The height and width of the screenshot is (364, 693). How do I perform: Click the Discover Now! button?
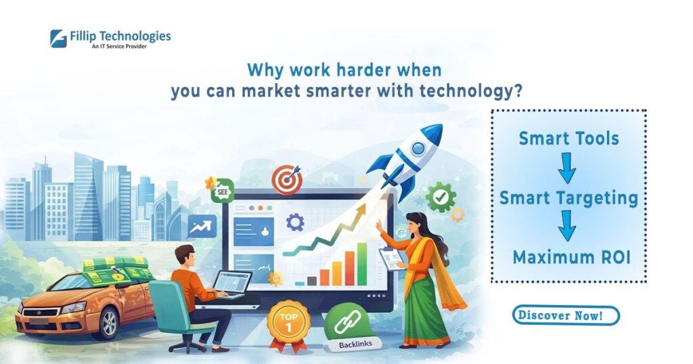(566, 315)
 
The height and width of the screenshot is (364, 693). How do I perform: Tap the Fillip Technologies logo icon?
(58, 39)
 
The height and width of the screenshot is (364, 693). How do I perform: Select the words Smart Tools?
(568, 138)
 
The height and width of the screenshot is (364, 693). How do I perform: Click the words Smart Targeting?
(568, 198)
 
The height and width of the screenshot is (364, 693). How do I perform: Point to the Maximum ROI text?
(571, 256)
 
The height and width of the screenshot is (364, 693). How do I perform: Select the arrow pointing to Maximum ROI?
(566, 225)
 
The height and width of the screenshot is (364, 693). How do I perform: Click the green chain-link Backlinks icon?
(349, 325)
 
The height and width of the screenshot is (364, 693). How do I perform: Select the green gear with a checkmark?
(441, 197)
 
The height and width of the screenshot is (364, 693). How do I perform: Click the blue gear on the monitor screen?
(295, 222)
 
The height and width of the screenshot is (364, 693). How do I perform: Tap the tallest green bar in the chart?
(362, 264)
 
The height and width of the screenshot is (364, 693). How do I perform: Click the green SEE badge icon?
(222, 191)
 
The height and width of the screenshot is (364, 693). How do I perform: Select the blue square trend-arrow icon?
(202, 226)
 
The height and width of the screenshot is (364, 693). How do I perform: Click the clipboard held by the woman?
(391, 258)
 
